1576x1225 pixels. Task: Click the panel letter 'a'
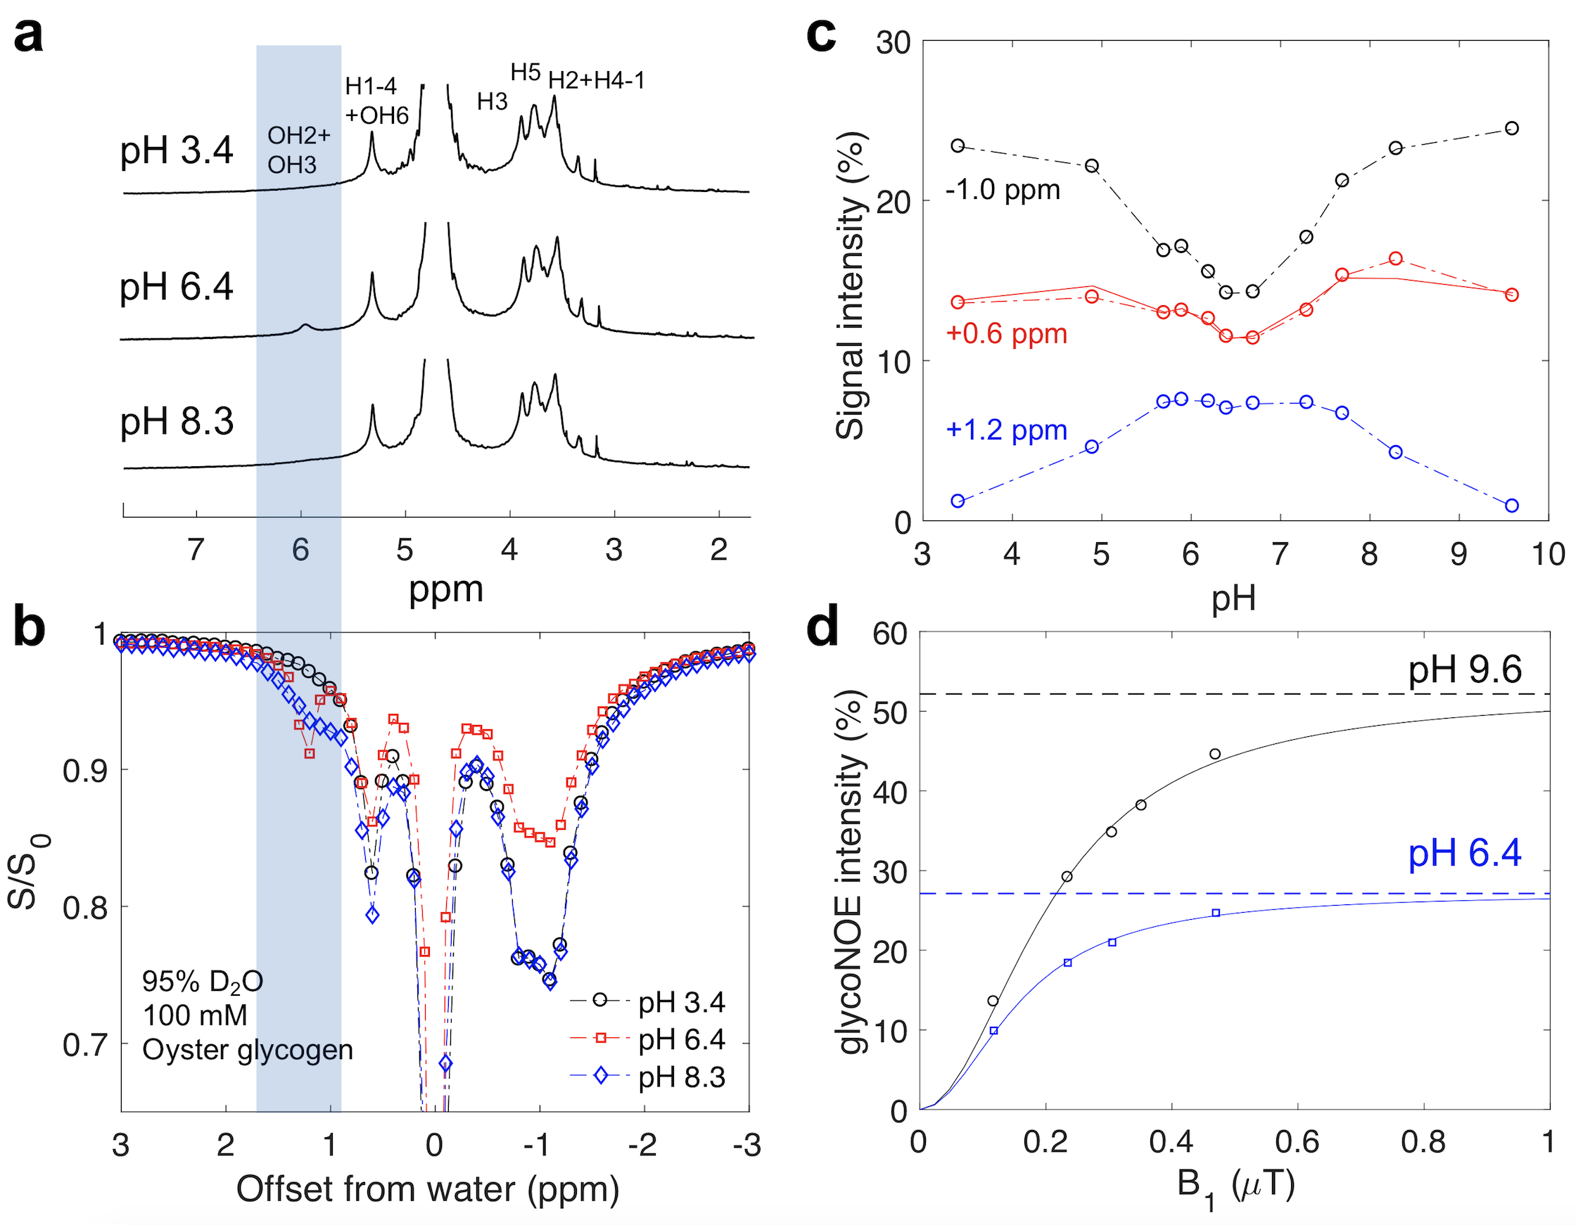point(28,34)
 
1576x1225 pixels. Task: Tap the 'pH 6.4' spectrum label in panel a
point(176,287)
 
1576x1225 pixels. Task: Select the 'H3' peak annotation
point(492,102)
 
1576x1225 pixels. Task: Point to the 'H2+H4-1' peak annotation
point(596,80)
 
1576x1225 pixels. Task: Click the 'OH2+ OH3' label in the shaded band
point(298,150)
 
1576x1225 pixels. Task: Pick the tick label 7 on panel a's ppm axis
point(196,550)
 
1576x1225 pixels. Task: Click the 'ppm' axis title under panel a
point(445,589)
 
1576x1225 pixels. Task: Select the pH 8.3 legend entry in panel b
point(680,1077)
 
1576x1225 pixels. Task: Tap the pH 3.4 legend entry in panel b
point(680,1002)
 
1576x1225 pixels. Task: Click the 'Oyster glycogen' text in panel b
point(248,1050)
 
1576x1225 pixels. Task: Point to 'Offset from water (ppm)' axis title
point(427,1189)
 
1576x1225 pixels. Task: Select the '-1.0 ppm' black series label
point(1003,190)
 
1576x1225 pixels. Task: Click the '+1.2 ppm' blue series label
point(1006,430)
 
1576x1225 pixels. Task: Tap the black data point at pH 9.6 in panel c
point(1512,129)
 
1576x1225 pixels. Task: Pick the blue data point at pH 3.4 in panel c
point(958,501)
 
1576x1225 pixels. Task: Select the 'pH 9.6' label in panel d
point(1465,670)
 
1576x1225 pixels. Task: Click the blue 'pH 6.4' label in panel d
point(1464,853)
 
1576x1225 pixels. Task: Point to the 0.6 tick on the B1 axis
point(1297,1142)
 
